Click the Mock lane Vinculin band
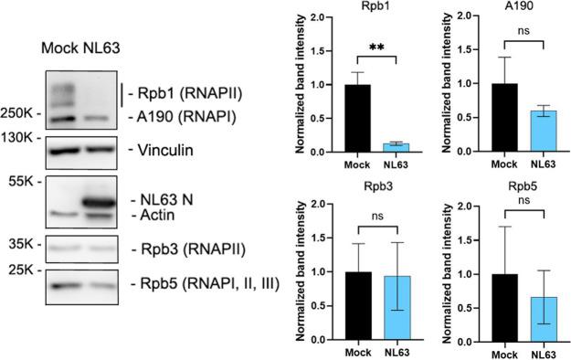click(x=63, y=150)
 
